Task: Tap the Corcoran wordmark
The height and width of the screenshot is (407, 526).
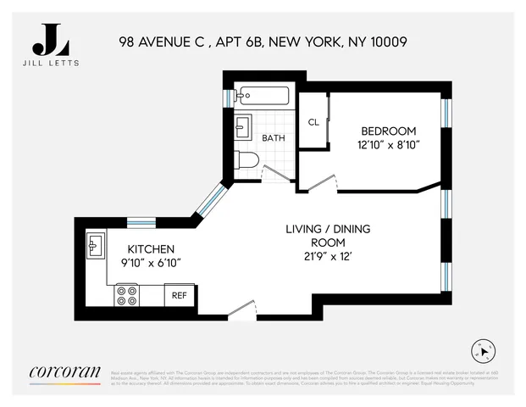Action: coord(65,371)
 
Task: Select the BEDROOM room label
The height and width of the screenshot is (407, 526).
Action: coord(389,131)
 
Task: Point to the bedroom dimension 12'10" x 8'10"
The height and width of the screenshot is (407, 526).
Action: coord(389,144)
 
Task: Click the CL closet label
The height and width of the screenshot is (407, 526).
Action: coord(313,122)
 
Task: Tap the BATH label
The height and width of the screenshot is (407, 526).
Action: coord(273,137)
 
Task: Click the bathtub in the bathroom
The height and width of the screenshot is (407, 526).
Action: coord(263,95)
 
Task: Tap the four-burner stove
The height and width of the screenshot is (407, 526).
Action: coord(128,295)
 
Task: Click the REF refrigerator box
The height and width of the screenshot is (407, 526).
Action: coord(180,295)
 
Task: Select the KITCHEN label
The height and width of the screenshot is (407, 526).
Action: coord(151,249)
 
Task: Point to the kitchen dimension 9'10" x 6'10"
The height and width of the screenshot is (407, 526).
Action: coord(151,264)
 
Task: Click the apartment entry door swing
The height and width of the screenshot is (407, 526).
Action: coord(242,311)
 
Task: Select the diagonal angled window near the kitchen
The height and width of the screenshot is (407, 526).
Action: coord(211,203)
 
